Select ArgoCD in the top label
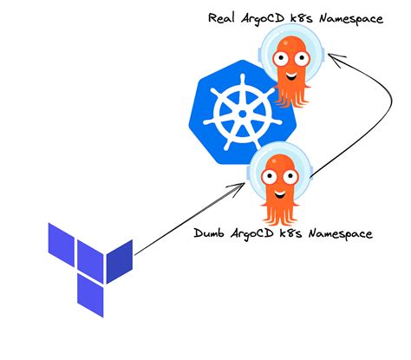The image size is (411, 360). coord(271,19)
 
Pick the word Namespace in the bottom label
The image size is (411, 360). coord(338,234)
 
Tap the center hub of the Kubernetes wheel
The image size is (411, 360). coord(231,117)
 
